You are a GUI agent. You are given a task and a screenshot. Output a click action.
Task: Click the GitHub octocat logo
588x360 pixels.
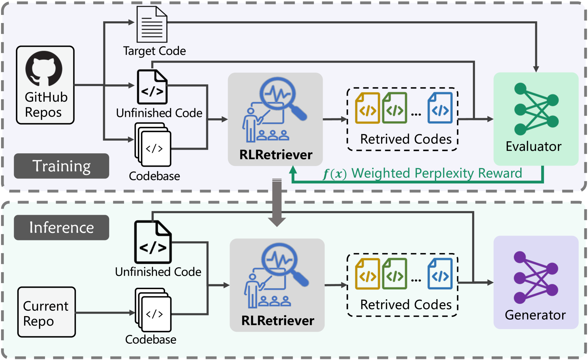pos(44,68)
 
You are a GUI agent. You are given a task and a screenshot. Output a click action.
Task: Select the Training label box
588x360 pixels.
pos(61,166)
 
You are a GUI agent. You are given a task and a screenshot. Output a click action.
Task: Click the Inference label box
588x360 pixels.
pos(61,228)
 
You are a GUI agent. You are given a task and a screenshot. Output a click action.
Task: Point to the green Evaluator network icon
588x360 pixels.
pos(536,109)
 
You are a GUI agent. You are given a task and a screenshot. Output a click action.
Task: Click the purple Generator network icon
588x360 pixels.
pos(536,277)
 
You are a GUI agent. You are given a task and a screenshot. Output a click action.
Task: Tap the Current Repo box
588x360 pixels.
pos(46,312)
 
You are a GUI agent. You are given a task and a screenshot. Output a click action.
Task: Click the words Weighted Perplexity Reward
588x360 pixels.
pos(436,173)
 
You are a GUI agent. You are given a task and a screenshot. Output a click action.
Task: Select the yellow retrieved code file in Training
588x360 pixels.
pos(367,108)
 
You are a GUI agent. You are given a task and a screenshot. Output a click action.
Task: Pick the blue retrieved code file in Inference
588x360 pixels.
pos(440,274)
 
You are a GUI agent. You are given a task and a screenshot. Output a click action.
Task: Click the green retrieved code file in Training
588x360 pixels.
pos(395,108)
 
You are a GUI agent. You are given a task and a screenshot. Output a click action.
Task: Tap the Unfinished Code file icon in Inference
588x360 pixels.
pos(153,242)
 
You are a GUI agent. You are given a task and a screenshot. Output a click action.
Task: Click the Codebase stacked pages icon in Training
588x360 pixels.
pos(153,145)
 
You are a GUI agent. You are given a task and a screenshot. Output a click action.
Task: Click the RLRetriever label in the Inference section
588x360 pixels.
pos(277,321)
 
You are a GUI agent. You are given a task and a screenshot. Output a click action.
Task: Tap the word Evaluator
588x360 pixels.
pos(533,147)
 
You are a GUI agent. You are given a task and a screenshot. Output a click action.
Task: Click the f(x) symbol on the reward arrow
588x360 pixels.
pos(334,174)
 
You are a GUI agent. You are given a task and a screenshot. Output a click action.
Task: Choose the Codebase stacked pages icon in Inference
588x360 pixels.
pos(153,310)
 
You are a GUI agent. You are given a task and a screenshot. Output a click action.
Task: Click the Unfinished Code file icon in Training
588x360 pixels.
pos(152,87)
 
